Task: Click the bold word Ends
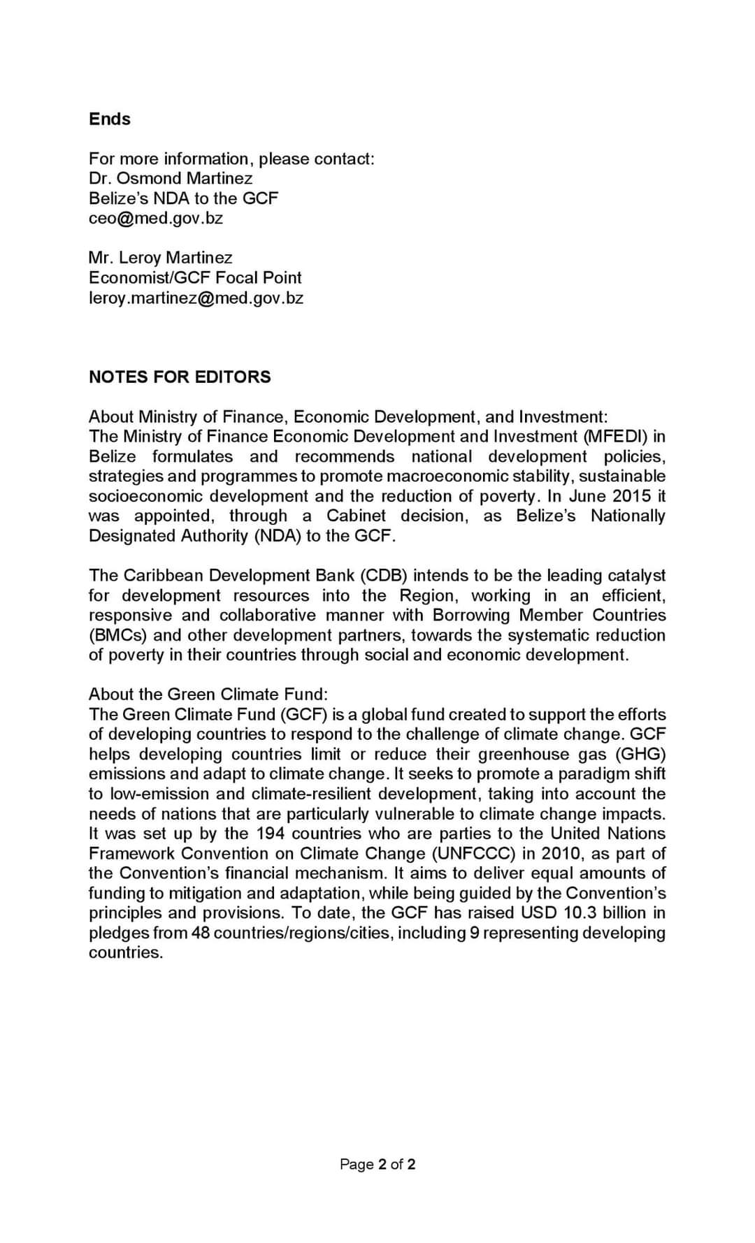pos(110,119)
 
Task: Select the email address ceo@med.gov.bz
pos(156,218)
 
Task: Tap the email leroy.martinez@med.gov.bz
pos(196,298)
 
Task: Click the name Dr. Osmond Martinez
pos(171,178)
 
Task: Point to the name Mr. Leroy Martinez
pos(161,258)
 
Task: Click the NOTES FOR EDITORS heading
pos(180,377)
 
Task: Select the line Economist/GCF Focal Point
pos(195,277)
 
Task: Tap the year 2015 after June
pos(632,496)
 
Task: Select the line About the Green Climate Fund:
pos(208,694)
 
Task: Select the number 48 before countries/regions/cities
pos(201,933)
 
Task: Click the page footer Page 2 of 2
pos(377,1164)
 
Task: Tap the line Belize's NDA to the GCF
pos(183,198)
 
